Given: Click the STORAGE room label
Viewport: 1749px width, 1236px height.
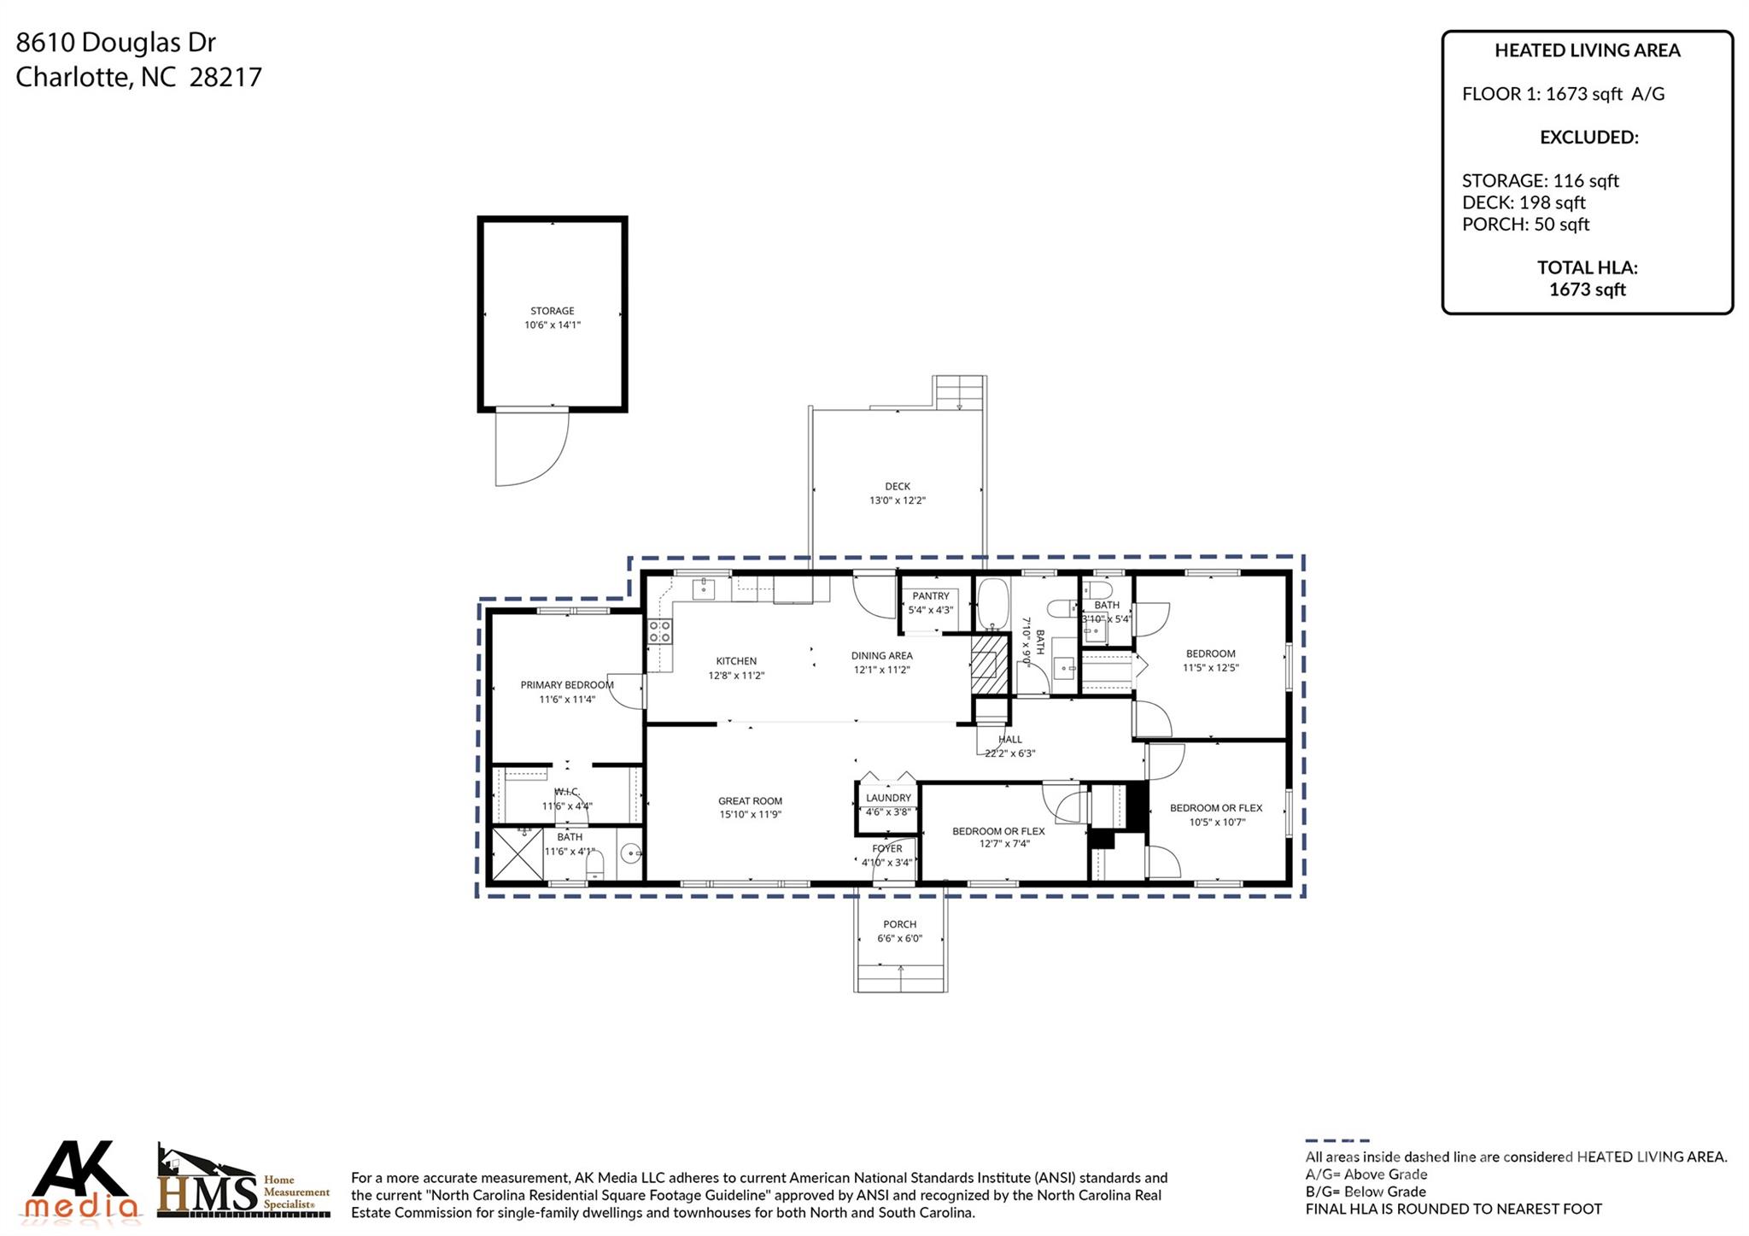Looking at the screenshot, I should pyautogui.click(x=552, y=311).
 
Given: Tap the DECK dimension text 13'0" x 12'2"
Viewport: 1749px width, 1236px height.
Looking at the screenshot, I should pyautogui.click(x=897, y=501).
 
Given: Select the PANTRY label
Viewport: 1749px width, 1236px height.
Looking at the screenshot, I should pyautogui.click(x=930, y=596).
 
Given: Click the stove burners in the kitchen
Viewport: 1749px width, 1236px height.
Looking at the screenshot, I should pyautogui.click(x=659, y=631).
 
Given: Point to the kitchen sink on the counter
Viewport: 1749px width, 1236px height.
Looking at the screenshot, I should pyautogui.click(x=704, y=589).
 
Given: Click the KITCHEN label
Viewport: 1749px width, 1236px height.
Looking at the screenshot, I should pyautogui.click(x=735, y=661).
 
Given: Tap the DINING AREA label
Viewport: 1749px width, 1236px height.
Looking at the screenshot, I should pyautogui.click(x=881, y=656).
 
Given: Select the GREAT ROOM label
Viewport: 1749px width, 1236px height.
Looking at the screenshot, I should pyautogui.click(x=750, y=801).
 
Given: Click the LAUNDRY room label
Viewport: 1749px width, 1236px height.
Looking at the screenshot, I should pyautogui.click(x=888, y=798).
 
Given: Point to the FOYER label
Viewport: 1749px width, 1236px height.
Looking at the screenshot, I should pyautogui.click(x=887, y=849).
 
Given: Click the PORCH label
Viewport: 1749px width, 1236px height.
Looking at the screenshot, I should pyautogui.click(x=899, y=924).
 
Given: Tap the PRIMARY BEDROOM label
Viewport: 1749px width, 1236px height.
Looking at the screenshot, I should pyautogui.click(x=566, y=685).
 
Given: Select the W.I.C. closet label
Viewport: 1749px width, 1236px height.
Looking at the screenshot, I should pyautogui.click(x=566, y=792).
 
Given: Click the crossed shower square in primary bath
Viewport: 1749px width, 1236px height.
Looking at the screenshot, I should pyautogui.click(x=518, y=854).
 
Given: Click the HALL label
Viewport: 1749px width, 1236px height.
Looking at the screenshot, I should pyautogui.click(x=1009, y=740).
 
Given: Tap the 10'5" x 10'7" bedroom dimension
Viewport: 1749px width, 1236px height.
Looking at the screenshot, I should pyautogui.click(x=1217, y=823).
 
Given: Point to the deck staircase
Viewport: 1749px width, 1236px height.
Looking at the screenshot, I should pyautogui.click(x=960, y=393).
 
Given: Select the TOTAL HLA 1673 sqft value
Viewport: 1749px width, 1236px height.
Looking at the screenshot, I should pyautogui.click(x=1587, y=290).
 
